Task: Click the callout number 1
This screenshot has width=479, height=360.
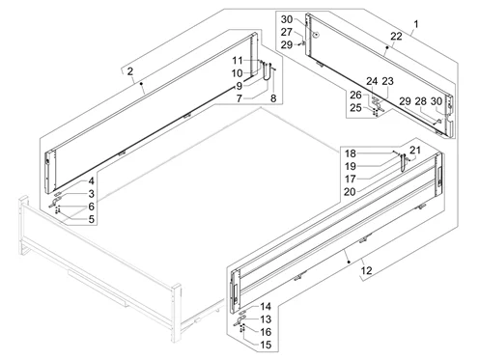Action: click(416, 24)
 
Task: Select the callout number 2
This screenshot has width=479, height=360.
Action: click(129, 71)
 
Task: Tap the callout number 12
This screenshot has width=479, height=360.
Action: click(366, 271)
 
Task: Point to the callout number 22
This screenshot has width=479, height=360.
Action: click(396, 36)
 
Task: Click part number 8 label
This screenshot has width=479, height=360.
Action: click(273, 98)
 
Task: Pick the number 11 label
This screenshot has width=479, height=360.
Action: click(238, 60)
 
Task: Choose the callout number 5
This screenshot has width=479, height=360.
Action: click(92, 219)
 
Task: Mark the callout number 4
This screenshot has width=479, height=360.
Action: click(92, 181)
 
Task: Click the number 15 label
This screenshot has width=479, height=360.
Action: click(266, 345)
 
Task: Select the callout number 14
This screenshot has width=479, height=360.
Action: click(266, 306)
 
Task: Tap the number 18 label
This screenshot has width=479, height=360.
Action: click(351, 153)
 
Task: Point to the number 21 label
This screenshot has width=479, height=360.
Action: click(415, 150)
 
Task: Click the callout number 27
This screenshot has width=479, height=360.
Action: click(287, 32)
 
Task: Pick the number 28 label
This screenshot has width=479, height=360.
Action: click(420, 101)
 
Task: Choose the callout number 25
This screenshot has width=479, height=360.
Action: click(355, 108)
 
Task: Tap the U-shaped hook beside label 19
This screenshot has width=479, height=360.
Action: click(401, 162)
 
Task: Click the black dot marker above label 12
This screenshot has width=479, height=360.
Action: click(349, 262)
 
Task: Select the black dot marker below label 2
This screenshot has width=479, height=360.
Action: click(141, 83)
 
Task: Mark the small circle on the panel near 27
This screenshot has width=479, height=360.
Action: click(317, 34)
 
